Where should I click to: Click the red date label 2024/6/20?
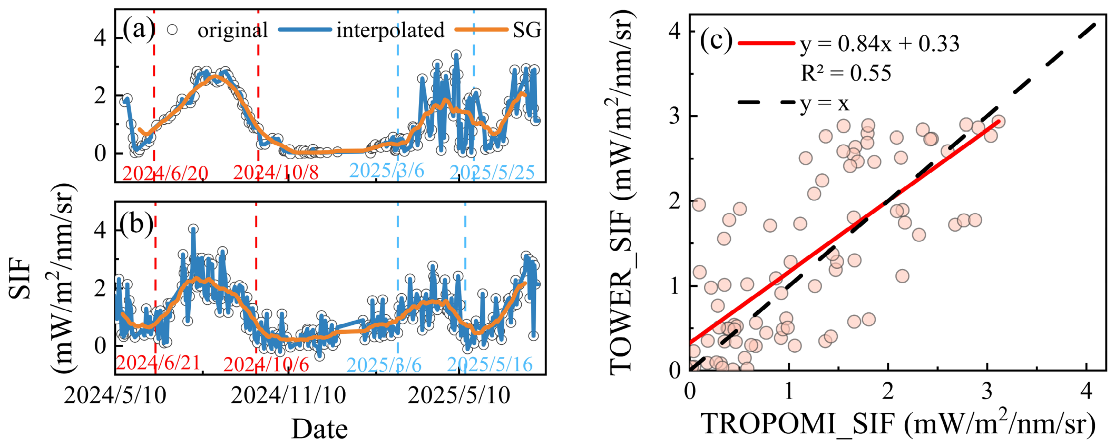[165, 173]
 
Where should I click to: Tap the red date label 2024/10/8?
[276, 172]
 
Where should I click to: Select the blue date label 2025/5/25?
[492, 172]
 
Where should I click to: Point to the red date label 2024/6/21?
[158, 363]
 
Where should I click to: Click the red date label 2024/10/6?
[266, 364]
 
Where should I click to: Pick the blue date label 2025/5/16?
[490, 364]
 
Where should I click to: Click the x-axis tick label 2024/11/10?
[288, 395]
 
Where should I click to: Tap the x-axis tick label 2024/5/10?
[115, 395]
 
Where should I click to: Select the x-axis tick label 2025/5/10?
[459, 395]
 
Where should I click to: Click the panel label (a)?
[139, 29]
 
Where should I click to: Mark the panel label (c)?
[716, 41]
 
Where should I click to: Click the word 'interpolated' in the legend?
[390, 30]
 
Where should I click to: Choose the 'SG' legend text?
[527, 30]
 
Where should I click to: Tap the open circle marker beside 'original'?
[172, 30]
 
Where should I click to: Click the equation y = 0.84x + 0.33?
[879, 44]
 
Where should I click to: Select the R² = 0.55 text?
[846, 73]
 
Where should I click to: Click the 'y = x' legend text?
[825, 103]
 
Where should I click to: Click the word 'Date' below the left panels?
[320, 429]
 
